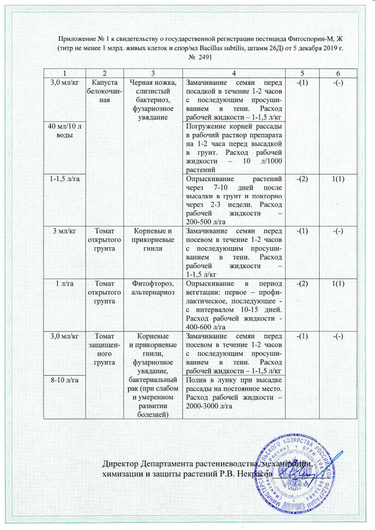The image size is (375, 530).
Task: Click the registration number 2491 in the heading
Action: [x=203, y=57]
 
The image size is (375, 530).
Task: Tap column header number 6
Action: [x=338, y=74]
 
